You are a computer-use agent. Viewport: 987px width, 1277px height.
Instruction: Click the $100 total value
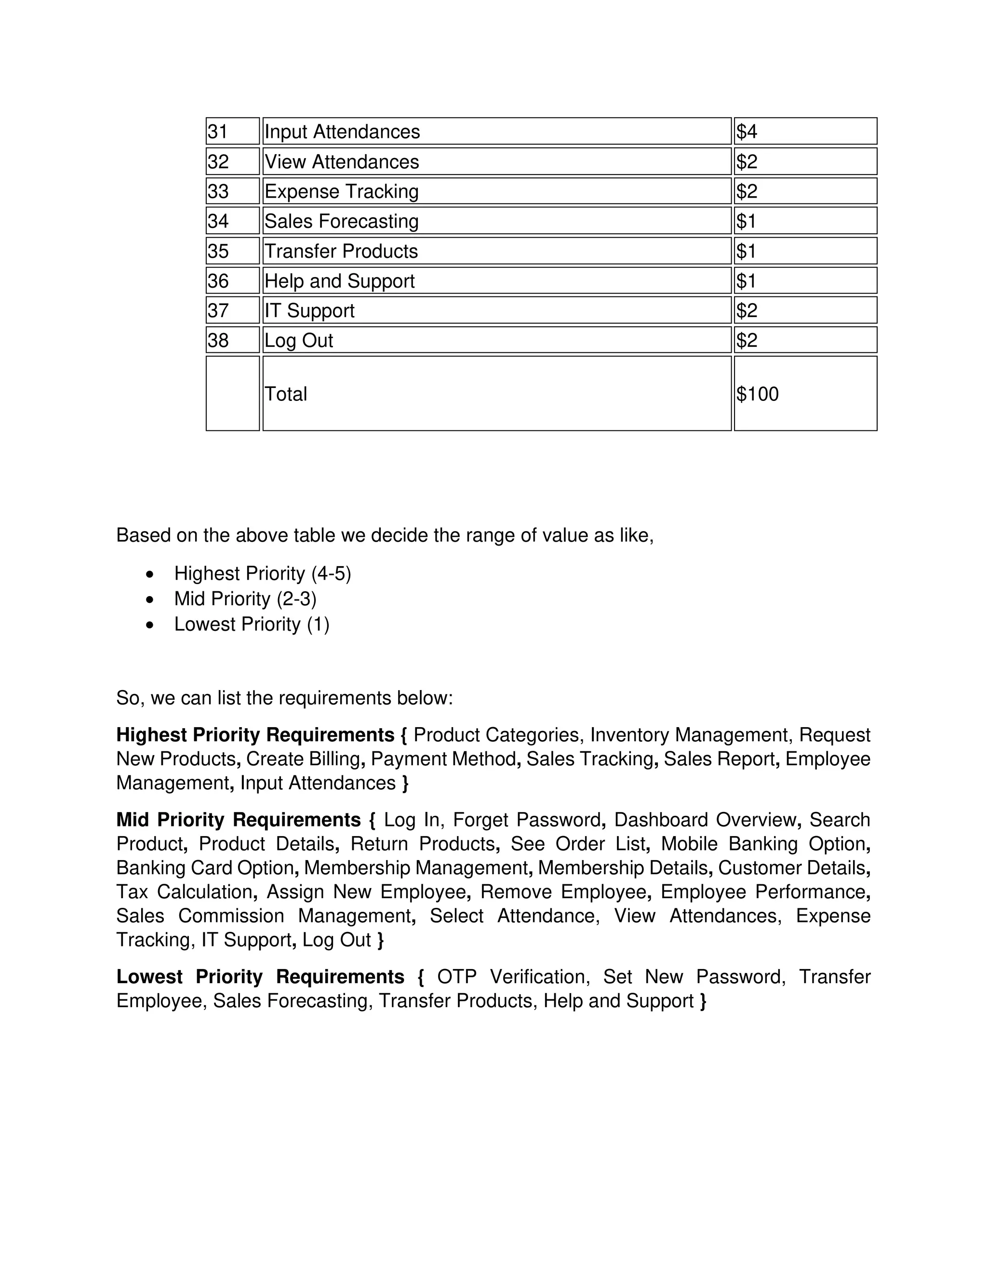pos(757,394)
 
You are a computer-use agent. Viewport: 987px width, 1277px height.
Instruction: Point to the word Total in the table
pos(285,394)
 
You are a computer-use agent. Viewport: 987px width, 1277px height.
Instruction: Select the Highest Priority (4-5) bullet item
pos(262,573)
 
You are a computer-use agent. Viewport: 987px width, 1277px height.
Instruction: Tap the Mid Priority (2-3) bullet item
pos(245,599)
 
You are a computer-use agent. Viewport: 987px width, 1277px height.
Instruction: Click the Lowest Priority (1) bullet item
pos(252,625)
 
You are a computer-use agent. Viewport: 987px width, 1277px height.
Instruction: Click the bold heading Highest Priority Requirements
pos(255,735)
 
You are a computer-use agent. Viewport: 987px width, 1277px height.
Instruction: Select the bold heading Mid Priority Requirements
pos(239,820)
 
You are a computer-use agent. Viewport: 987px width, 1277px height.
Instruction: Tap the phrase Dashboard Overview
pos(705,820)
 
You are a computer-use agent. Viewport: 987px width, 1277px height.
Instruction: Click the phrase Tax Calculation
pos(184,891)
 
